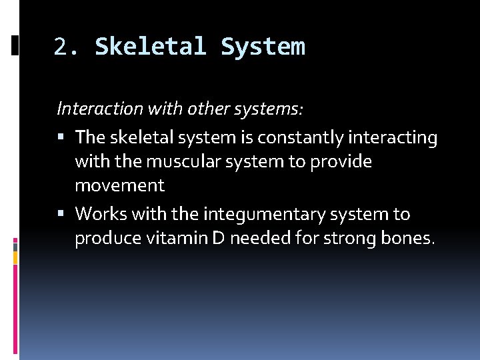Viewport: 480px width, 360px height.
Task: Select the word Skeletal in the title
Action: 153,47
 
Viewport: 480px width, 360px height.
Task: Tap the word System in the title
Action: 263,47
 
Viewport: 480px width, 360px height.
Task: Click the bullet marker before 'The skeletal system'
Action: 62,138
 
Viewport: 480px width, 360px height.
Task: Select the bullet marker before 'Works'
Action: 62,215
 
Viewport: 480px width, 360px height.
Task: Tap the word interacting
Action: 398,138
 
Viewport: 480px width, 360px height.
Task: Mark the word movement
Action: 119,186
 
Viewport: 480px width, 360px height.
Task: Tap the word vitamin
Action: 169,238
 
